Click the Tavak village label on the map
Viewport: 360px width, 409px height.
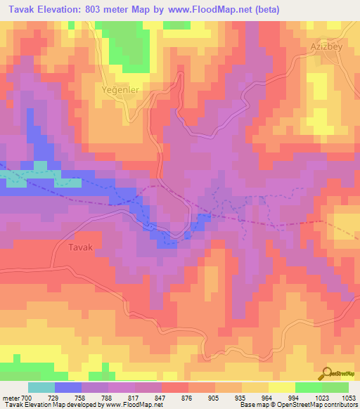tap(79, 248)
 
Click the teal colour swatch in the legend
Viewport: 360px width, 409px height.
tap(41, 387)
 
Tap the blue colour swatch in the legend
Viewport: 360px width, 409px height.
tap(68, 387)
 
